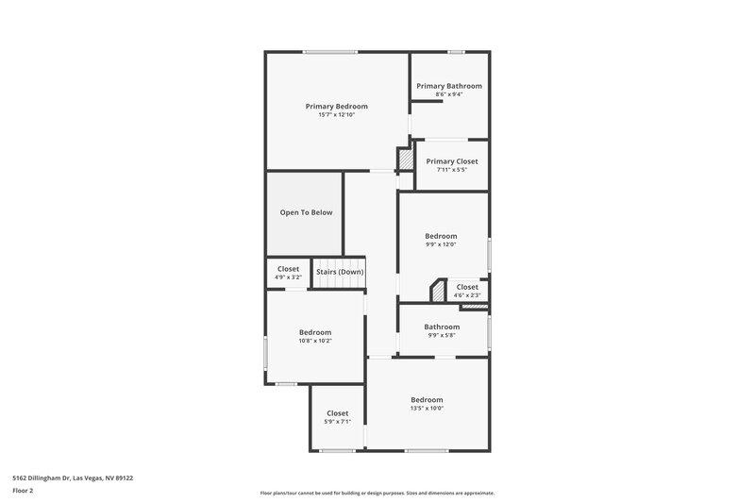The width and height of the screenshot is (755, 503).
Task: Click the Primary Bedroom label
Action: (x=336, y=107)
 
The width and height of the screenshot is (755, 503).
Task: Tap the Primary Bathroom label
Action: (x=449, y=86)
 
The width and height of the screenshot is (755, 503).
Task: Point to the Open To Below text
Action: (x=306, y=212)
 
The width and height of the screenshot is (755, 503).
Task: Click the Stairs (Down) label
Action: (x=340, y=272)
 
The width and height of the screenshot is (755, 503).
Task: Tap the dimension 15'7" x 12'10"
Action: (x=336, y=115)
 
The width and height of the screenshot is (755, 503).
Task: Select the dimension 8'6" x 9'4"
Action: (x=449, y=94)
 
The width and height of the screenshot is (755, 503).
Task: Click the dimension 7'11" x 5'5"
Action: (x=452, y=170)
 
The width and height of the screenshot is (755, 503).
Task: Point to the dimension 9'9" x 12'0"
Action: (x=441, y=244)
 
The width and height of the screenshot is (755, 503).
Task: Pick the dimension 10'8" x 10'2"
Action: (x=315, y=341)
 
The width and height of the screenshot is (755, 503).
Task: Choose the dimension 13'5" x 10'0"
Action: (x=427, y=409)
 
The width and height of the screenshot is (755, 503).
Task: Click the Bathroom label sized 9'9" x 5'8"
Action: (x=441, y=327)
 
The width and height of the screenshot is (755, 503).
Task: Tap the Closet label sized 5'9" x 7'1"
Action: (x=337, y=413)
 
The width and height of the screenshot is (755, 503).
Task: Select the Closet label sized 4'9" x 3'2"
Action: (x=288, y=269)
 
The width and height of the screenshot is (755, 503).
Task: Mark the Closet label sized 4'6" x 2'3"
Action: (x=467, y=287)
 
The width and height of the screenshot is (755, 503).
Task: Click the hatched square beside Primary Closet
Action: (x=405, y=159)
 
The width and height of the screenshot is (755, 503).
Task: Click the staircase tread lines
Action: (x=339, y=261)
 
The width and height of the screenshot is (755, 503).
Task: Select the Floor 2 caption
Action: (x=24, y=492)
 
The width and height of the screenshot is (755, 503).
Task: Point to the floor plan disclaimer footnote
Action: (x=377, y=493)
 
